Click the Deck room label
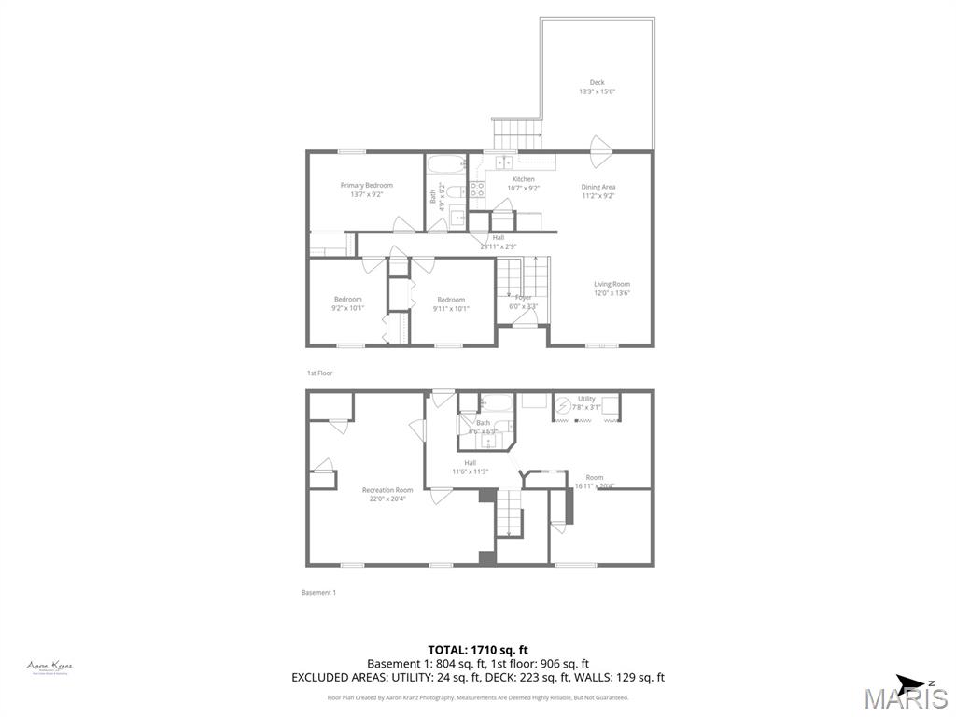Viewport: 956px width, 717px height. tap(597, 87)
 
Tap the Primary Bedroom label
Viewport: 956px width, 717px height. tap(366, 190)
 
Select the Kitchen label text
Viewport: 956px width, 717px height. tap(523, 183)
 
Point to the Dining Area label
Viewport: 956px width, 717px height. tap(597, 190)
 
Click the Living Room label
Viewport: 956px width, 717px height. tap(612, 288)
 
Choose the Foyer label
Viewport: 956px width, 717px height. tap(523, 301)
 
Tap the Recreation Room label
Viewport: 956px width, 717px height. tap(387, 494)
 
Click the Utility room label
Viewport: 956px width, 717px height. tap(586, 402)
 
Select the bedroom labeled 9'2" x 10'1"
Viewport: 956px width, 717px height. tap(347, 303)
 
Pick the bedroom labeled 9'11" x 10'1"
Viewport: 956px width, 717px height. tap(451, 303)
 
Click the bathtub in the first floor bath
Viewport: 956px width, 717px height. tap(446, 167)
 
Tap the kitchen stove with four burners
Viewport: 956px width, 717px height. tap(476, 190)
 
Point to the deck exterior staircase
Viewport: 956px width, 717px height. tap(516, 134)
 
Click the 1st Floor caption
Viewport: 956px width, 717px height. tap(319, 373)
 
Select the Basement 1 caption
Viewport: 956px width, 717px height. tap(318, 593)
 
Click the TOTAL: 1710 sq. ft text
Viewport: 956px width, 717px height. tap(478, 649)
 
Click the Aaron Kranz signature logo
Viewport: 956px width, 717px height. tap(49, 667)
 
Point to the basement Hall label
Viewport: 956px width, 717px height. tap(471, 467)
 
